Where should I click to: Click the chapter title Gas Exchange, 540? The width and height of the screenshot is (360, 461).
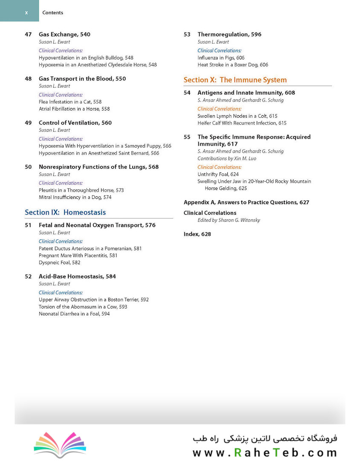tap(64, 35)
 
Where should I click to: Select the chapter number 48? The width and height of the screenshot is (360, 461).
tap(28, 79)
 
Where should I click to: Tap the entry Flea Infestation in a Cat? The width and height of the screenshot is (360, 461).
tap(70, 102)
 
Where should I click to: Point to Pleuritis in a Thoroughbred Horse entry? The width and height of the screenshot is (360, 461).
tap(81, 190)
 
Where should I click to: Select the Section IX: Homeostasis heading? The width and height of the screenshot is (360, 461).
tap(65, 212)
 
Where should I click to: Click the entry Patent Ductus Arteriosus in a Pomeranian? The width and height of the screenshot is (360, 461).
tap(90, 248)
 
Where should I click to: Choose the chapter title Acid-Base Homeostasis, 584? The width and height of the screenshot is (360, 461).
tap(77, 277)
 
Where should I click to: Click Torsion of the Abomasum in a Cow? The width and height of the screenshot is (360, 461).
tap(83, 307)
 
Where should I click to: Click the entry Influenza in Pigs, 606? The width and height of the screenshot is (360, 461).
tap(221, 58)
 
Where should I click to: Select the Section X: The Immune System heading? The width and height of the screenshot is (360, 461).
tap(235, 80)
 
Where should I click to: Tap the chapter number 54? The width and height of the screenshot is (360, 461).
tap(187, 93)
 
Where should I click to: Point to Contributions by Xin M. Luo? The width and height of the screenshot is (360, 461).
tap(226, 159)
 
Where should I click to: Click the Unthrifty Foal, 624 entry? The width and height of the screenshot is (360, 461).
tap(218, 175)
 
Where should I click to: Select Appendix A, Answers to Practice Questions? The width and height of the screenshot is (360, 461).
tap(246, 202)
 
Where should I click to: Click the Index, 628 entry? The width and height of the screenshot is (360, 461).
tap(197, 234)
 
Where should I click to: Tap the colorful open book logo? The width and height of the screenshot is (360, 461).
tap(60, 444)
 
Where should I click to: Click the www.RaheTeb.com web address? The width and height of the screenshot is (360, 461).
tap(264, 452)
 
